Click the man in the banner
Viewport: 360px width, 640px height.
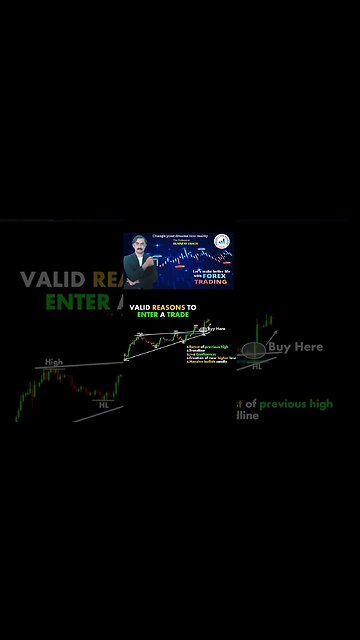point(141,262)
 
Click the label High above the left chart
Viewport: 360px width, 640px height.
point(53,362)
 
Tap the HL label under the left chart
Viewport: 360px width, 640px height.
point(103,404)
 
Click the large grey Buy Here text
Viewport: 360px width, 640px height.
point(295,347)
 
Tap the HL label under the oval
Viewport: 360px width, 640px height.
point(257,367)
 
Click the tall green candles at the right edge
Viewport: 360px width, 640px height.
point(267,330)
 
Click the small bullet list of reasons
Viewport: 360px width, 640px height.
point(207,354)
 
